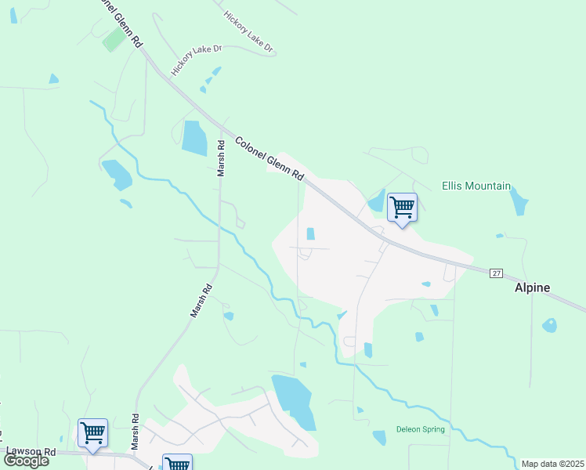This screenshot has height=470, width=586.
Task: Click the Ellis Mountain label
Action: pos(476,186)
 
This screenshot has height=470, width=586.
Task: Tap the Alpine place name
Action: pos(532,288)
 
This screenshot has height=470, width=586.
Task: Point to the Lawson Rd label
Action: pos(31,452)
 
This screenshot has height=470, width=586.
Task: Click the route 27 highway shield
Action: pos(496,273)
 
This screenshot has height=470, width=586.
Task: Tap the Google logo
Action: pos(26,461)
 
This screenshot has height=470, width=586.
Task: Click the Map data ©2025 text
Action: pos(552,464)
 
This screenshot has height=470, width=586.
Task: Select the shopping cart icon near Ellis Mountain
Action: pos(402,208)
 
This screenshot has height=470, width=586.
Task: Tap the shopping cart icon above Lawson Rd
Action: pos(92,432)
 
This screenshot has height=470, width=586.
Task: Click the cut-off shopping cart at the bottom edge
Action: pos(177,463)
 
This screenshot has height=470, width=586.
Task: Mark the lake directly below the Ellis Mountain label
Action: pos(518,202)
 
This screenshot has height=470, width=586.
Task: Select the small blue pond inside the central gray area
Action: pos(311,233)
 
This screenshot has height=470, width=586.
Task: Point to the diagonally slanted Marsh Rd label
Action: pos(201,301)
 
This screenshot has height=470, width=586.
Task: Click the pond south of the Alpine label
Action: pos(549,325)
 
